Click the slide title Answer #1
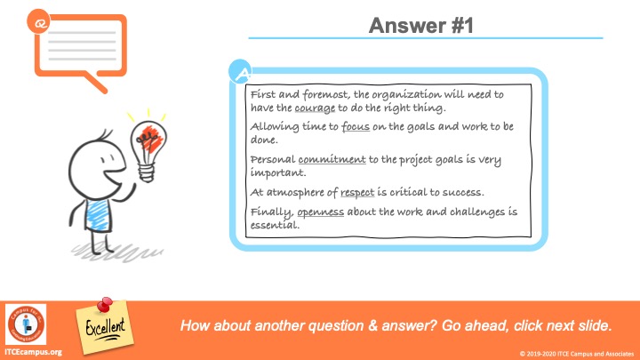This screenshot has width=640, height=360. [420, 25]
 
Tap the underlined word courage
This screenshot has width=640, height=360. [315, 108]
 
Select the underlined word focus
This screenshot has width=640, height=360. [356, 126]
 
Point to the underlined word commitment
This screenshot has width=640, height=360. [332, 159]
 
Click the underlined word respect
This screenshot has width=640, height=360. [357, 192]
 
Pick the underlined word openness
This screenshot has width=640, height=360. [320, 212]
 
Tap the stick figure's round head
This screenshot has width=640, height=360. [97, 168]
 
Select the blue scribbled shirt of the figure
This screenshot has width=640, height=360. [98, 215]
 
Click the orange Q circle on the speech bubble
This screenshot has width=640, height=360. [39, 21]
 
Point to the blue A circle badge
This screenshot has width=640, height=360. [240, 72]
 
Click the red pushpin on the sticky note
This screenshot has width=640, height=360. [105, 305]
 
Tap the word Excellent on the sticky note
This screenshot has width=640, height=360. [105, 327]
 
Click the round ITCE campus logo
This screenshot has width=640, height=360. [26, 324]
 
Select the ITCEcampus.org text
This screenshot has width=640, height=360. [33, 352]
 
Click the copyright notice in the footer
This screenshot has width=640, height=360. [577, 354]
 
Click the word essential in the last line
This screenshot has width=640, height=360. [275, 225]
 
